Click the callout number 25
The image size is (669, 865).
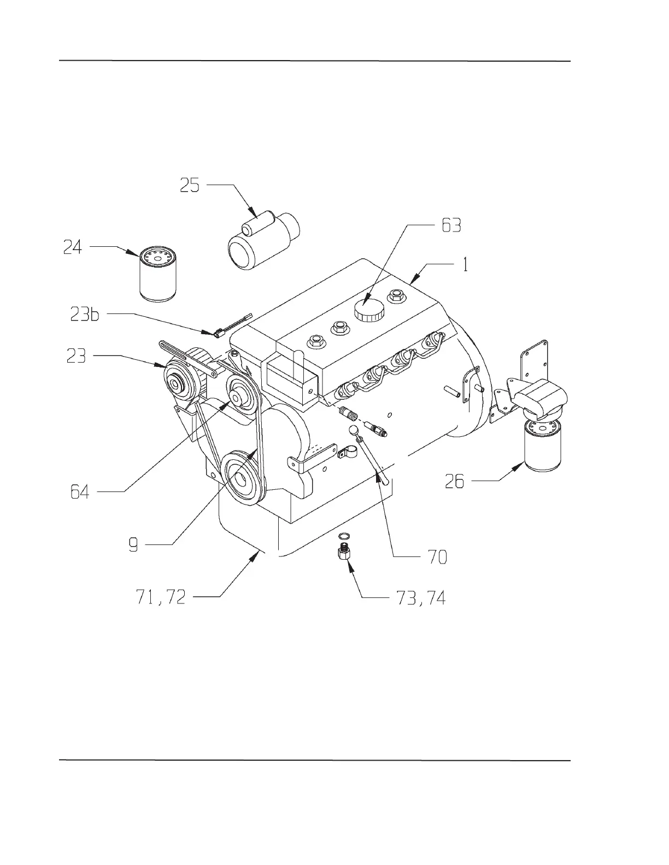pyautogui.click(x=190, y=186)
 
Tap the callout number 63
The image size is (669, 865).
pyautogui.click(x=451, y=225)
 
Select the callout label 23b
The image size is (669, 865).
pyautogui.click(x=85, y=315)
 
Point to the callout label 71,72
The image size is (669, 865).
pyautogui.click(x=160, y=597)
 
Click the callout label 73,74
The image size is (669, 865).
pyautogui.click(x=419, y=599)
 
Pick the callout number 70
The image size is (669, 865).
pyautogui.click(x=435, y=557)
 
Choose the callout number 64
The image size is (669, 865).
pyautogui.click(x=80, y=493)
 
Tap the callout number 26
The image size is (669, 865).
pyautogui.click(x=454, y=481)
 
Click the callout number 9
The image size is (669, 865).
pyautogui.click(x=133, y=544)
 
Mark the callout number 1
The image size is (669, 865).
pyautogui.click(x=465, y=265)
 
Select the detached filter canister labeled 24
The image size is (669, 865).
pyautogui.click(x=158, y=274)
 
